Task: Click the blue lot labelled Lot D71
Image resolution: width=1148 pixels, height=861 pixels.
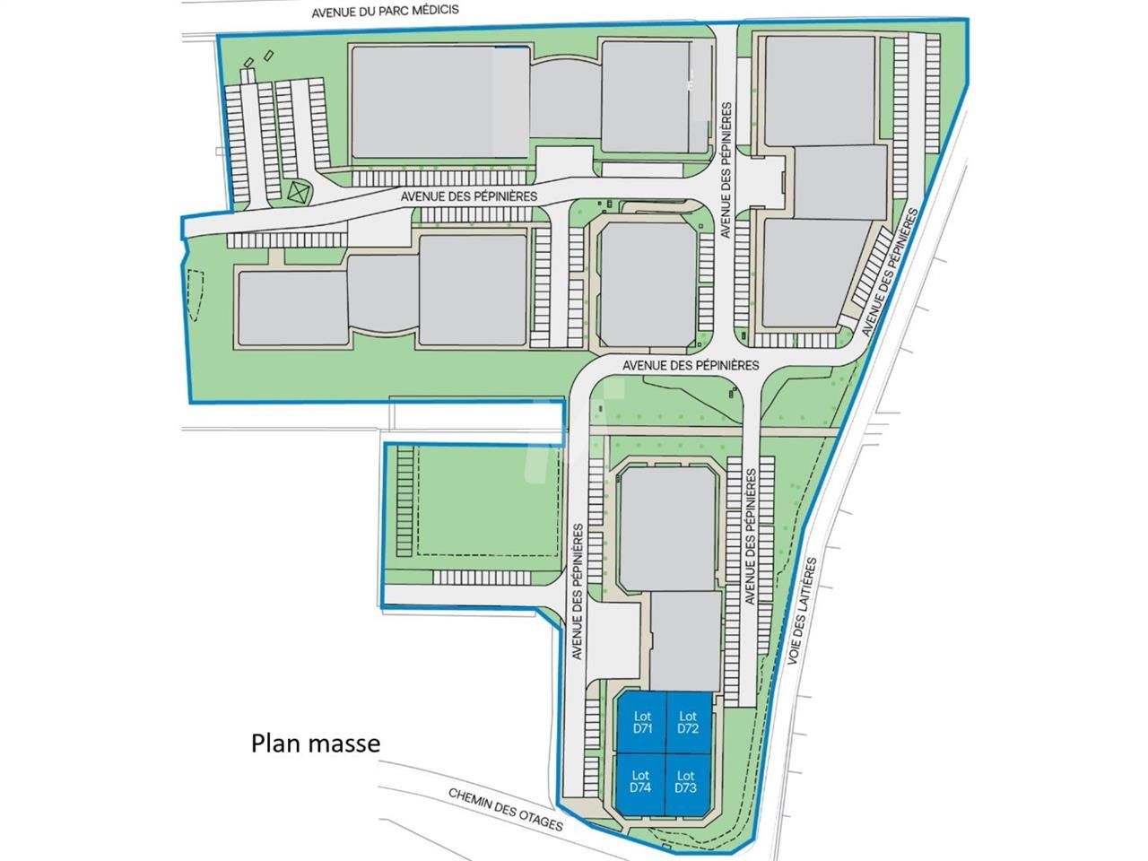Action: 641,722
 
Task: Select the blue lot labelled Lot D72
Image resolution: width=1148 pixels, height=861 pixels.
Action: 689,722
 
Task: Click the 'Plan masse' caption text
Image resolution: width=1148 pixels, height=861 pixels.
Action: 316,744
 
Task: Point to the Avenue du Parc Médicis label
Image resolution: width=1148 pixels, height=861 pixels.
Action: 386,12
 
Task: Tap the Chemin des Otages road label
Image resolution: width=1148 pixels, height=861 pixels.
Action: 505,809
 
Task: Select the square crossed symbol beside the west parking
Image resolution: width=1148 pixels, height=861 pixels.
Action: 298,191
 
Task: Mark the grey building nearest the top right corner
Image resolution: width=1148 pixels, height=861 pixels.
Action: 819,89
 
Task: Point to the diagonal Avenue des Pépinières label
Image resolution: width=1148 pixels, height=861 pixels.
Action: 891,273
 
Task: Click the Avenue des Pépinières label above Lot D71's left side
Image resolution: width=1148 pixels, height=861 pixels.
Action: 578,592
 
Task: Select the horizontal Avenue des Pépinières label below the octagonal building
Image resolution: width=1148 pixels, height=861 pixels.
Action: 691,365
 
